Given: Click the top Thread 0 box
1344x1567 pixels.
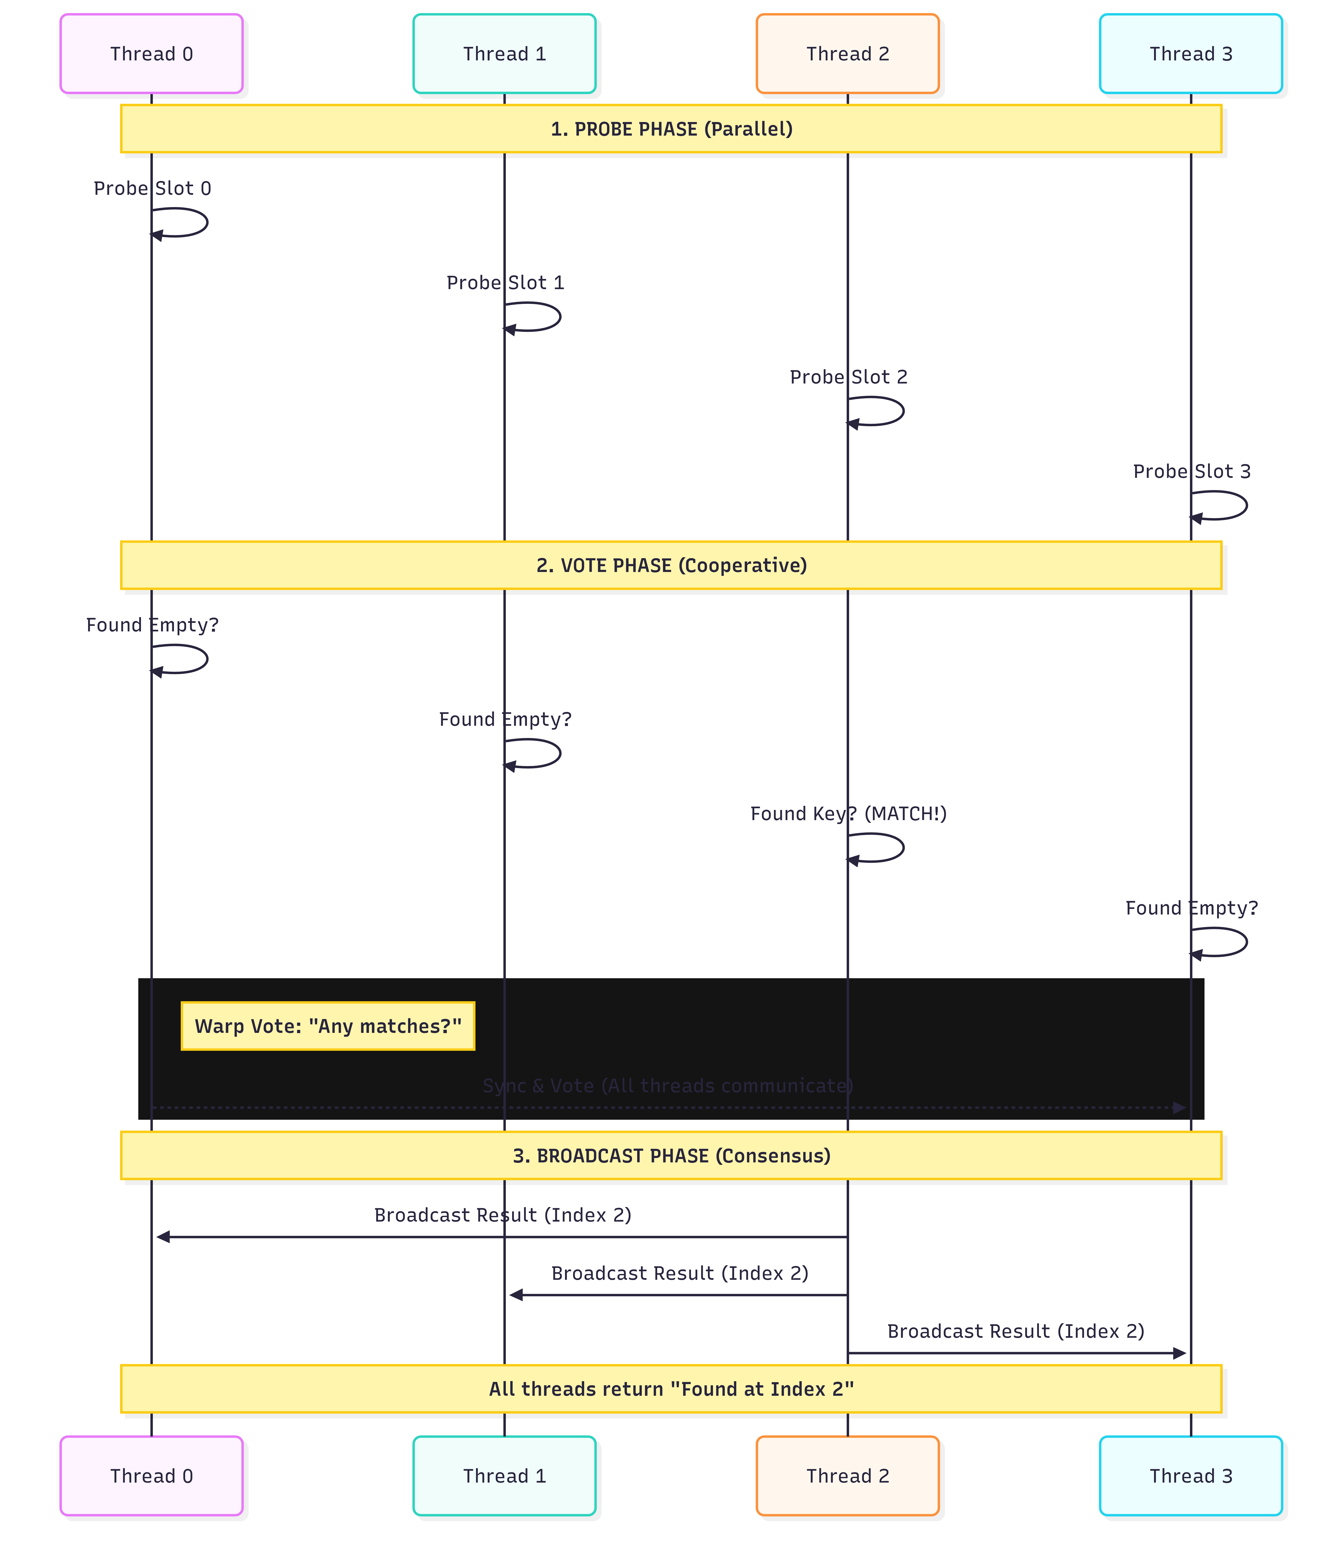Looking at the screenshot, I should click(x=151, y=54).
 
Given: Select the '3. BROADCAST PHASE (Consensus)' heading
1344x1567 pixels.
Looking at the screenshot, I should click(x=671, y=1156).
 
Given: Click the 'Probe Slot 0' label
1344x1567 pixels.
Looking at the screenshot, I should click(x=152, y=188).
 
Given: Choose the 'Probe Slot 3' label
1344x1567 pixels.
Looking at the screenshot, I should click(x=1191, y=471).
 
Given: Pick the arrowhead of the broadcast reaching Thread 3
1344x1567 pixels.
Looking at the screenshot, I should click(x=1179, y=1353).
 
